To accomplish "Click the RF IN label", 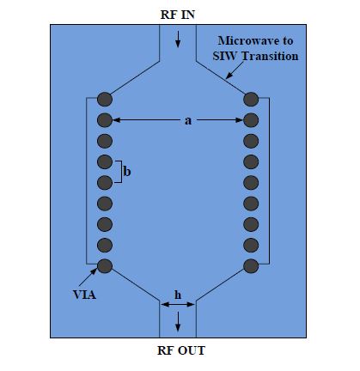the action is click(178, 15).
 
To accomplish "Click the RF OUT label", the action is click(181, 350).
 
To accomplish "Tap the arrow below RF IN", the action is click(178, 40).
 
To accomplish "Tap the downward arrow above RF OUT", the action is click(178, 321).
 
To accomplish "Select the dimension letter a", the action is click(188, 121).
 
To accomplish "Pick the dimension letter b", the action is click(127, 172).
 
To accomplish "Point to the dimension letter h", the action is click(178, 295).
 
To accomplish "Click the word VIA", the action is click(84, 295).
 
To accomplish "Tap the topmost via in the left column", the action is click(105, 100).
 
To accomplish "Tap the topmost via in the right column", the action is click(251, 100).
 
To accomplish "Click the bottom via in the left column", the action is click(105, 266).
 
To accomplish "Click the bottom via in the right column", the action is click(251, 266).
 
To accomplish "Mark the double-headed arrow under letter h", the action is click(178, 305).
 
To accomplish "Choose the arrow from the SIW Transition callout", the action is click(235, 70).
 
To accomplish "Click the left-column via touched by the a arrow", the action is click(105, 120).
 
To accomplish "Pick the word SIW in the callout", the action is click(226, 56).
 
